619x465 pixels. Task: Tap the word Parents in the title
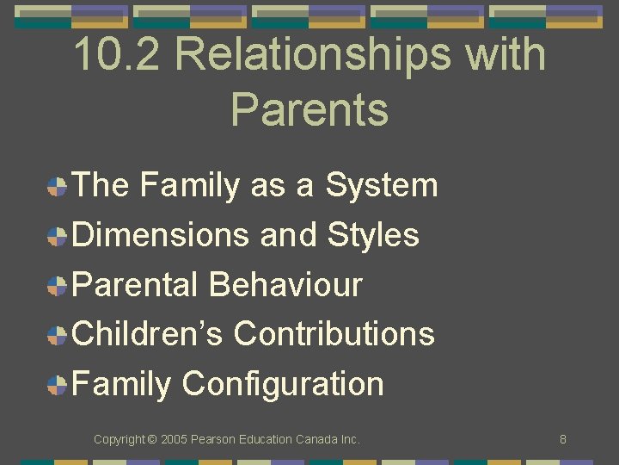coord(309,110)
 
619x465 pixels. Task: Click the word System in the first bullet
coord(381,185)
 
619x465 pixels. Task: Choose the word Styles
coord(373,234)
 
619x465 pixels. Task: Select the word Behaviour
coord(286,284)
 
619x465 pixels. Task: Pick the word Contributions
coord(334,333)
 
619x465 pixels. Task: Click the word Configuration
coord(283,384)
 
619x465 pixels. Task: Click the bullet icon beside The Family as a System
coord(58,187)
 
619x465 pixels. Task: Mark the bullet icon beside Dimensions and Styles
coord(58,236)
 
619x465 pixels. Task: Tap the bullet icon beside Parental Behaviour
coord(58,286)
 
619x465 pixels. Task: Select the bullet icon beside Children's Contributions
coord(58,335)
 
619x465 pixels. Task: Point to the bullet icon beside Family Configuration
coord(58,385)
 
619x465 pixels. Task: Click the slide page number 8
coord(562,439)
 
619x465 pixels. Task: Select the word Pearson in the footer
coord(212,439)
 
